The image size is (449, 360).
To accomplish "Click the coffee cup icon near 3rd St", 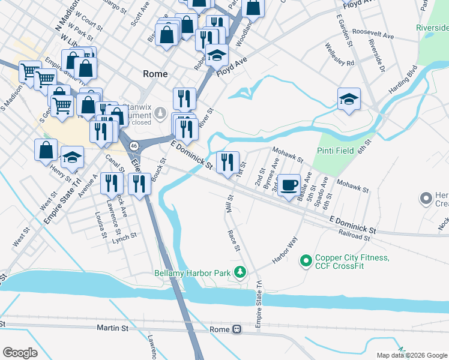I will pos(289,184).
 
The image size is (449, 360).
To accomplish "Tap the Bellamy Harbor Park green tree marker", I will pos(240,273).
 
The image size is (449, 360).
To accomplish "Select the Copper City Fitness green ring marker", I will pos(306,260).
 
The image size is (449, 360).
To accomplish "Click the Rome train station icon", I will pos(237,329).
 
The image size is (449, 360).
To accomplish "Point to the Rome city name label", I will pos(154,74).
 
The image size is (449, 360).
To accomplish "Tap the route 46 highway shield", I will pos(134,145).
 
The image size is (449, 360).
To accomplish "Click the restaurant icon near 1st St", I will pos(228,162).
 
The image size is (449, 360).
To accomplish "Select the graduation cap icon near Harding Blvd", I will pos(349,98).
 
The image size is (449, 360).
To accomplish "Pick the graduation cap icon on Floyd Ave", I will pos(217,55).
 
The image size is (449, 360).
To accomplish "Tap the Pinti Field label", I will pos(335,151).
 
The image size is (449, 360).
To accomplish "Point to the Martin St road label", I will pos(112,328).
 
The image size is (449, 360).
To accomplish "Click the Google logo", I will pos(20,353).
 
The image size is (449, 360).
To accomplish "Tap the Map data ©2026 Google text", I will pos(411,355).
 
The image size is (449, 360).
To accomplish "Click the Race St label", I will pos(234,239).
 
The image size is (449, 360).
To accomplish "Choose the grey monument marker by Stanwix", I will pos(160,112).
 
